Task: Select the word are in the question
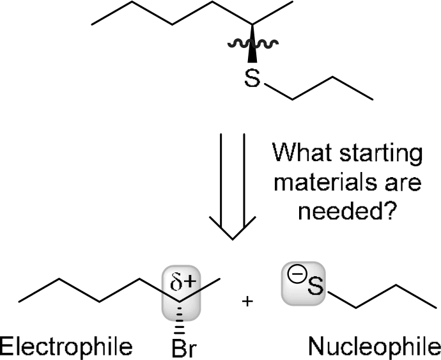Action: tap(402, 184)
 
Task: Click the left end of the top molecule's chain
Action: tap(93, 25)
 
